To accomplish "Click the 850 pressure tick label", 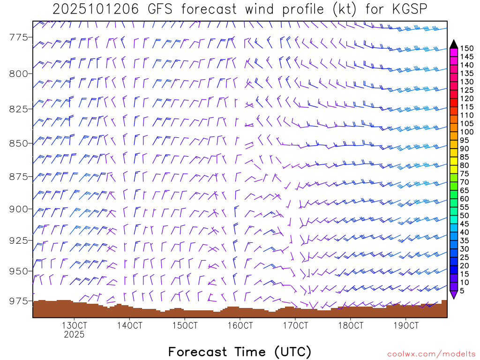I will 19,143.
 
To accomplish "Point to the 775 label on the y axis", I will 19,38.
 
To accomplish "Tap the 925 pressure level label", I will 19,240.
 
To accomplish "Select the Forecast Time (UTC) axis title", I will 240,352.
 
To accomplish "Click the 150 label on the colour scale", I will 467,48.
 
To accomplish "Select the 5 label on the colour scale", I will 463,291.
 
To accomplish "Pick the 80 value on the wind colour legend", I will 465,165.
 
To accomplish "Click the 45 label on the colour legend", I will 465,224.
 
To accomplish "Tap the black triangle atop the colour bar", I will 454,44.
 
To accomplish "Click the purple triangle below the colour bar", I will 454,294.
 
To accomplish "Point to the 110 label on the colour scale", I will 467,115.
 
